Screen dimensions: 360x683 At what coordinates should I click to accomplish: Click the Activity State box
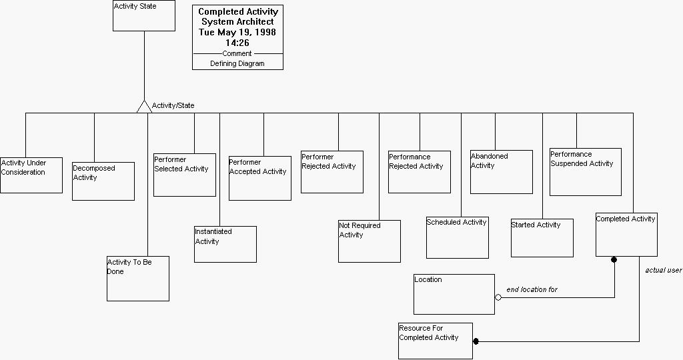click(143, 15)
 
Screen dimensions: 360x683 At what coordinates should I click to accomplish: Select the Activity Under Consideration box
click(31, 175)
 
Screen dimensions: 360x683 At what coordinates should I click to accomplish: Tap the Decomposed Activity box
click(103, 181)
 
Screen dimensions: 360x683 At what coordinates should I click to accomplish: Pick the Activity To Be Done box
click(138, 278)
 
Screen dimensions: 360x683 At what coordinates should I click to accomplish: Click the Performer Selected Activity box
click(185, 175)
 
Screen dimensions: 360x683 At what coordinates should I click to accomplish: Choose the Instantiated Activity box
click(225, 244)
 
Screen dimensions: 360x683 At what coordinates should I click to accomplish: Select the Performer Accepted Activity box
click(260, 178)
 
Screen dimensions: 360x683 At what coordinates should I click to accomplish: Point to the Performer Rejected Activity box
click(332, 172)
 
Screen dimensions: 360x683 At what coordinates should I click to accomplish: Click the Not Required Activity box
click(370, 241)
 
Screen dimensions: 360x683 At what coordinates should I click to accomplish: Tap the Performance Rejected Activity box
click(420, 172)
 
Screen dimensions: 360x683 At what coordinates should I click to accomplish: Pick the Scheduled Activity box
click(458, 237)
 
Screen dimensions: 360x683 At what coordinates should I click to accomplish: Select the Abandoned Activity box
click(502, 172)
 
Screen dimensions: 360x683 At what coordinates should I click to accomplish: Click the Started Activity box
click(542, 238)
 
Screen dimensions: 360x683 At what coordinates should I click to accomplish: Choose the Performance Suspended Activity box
click(586, 172)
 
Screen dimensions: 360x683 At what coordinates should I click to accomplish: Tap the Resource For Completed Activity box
click(436, 341)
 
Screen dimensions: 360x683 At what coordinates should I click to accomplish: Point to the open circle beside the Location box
click(498, 297)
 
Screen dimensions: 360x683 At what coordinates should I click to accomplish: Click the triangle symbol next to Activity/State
click(144, 107)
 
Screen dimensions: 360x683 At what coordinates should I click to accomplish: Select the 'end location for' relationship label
click(532, 290)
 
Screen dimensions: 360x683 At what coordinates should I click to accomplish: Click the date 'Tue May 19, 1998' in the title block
click(237, 32)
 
